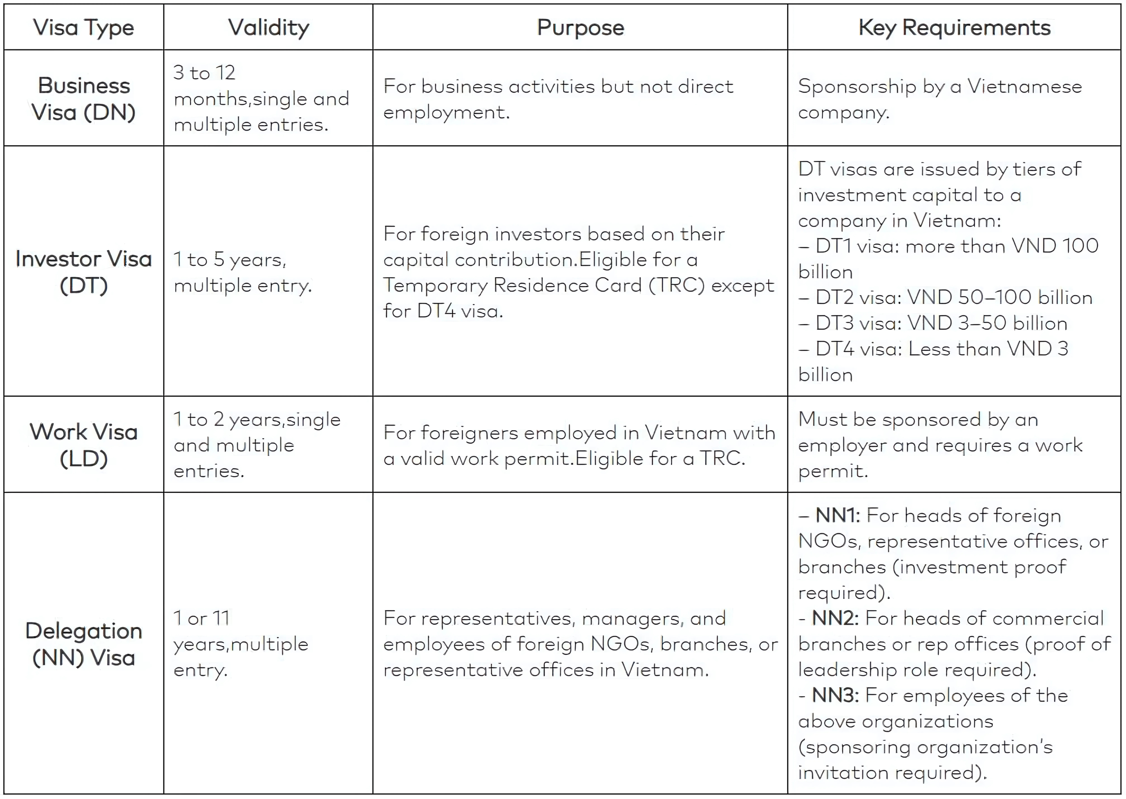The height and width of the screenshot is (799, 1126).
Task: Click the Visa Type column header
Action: click(x=84, y=28)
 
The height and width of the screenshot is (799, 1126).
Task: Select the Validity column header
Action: click(x=269, y=28)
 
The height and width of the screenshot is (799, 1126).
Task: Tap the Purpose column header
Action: click(x=580, y=28)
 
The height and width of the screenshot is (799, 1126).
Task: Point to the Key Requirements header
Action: click(x=954, y=28)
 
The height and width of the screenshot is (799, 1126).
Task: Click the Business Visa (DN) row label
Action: click(x=84, y=99)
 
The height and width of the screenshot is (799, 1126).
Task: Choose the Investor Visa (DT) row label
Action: click(x=84, y=272)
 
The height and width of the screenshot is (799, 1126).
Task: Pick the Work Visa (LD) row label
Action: click(x=84, y=445)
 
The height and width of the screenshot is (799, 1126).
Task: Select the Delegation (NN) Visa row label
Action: click(x=84, y=644)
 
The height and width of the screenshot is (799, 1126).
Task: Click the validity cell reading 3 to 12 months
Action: click(x=261, y=98)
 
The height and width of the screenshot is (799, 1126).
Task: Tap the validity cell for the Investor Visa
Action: click(x=243, y=272)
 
